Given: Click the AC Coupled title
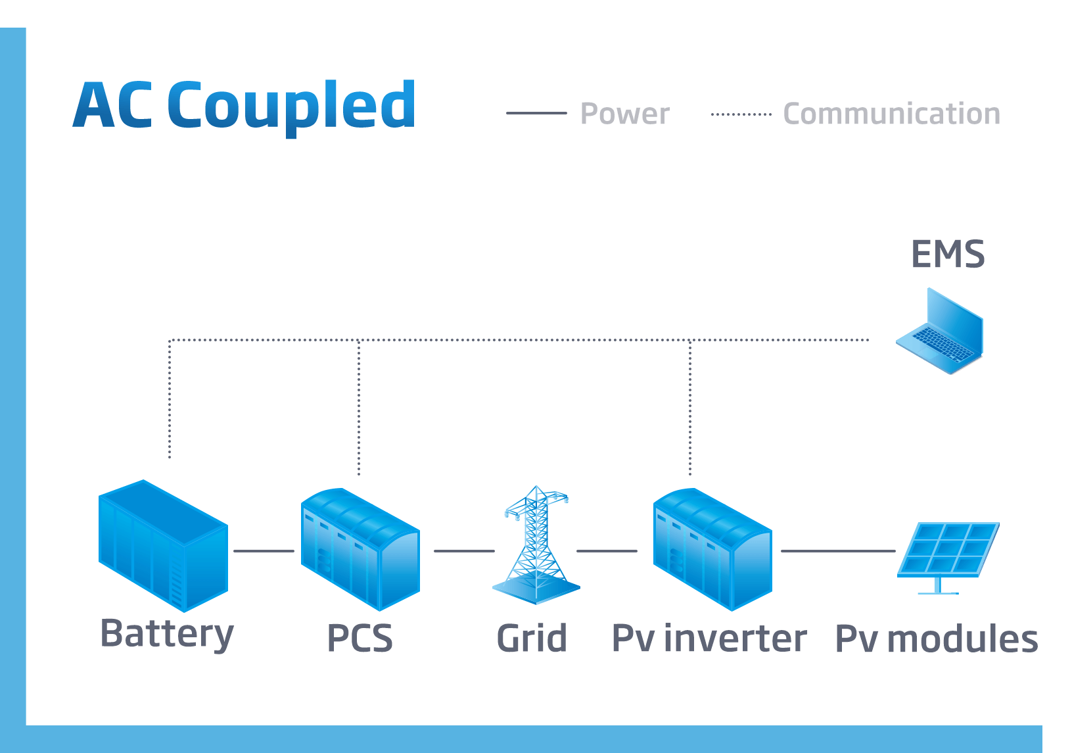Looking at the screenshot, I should point(244,105).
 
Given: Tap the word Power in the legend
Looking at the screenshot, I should point(624,114).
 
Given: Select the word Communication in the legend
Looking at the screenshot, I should point(891,114).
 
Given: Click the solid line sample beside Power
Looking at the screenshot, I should point(536,113).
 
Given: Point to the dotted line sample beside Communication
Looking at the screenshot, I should point(741,114).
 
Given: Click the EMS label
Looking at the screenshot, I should point(947,254).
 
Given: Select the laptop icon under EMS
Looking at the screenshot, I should point(941,332).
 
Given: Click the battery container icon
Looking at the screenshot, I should point(163,545).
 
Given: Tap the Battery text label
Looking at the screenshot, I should point(167,634).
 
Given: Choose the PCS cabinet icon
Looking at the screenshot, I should point(360,548).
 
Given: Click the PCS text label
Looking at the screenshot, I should point(360,639).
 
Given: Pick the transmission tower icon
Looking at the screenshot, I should point(536,546).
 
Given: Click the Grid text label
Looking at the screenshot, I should point(532,639).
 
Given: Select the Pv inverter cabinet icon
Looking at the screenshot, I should point(712,548).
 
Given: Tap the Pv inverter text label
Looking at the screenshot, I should point(709,639).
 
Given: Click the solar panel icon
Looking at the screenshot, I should point(948,552).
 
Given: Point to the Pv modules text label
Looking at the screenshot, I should point(936,639).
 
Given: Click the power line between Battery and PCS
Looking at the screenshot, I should point(264,551).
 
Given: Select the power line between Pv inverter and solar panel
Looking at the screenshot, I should point(837,551).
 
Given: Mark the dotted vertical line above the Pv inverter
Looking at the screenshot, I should point(690,408).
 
